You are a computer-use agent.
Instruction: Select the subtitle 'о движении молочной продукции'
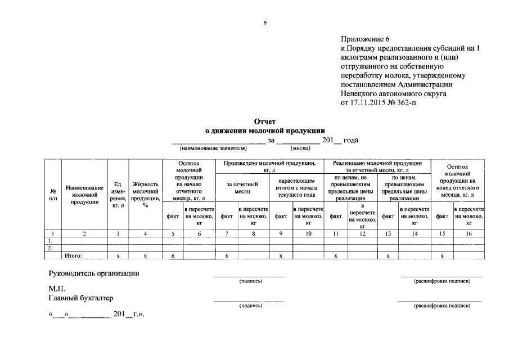click(265, 130)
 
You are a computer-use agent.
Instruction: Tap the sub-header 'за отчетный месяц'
click(242, 187)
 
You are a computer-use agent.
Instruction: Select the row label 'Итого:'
click(74, 256)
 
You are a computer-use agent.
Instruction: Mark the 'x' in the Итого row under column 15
click(442, 256)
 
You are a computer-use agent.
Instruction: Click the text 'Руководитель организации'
click(94, 273)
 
